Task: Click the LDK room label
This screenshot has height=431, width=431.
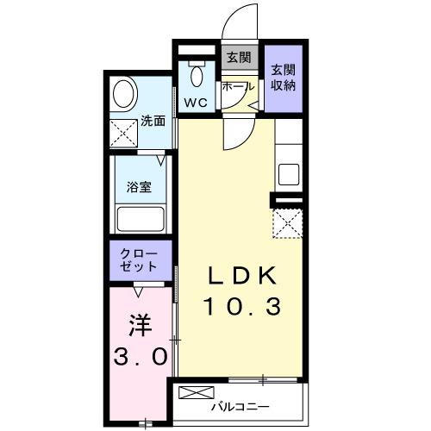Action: pos(241,277)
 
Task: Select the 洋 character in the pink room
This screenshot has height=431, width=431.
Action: pos(141,327)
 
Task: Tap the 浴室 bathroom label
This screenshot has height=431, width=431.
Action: pos(140,185)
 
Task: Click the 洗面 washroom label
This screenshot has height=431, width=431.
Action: pos(153,121)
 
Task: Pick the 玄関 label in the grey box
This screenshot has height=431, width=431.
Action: pos(238,58)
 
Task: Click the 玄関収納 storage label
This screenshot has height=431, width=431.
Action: pos(284,78)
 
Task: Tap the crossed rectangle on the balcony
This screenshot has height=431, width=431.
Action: pos(192,393)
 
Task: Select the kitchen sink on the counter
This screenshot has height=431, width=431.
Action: pos(289,172)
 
